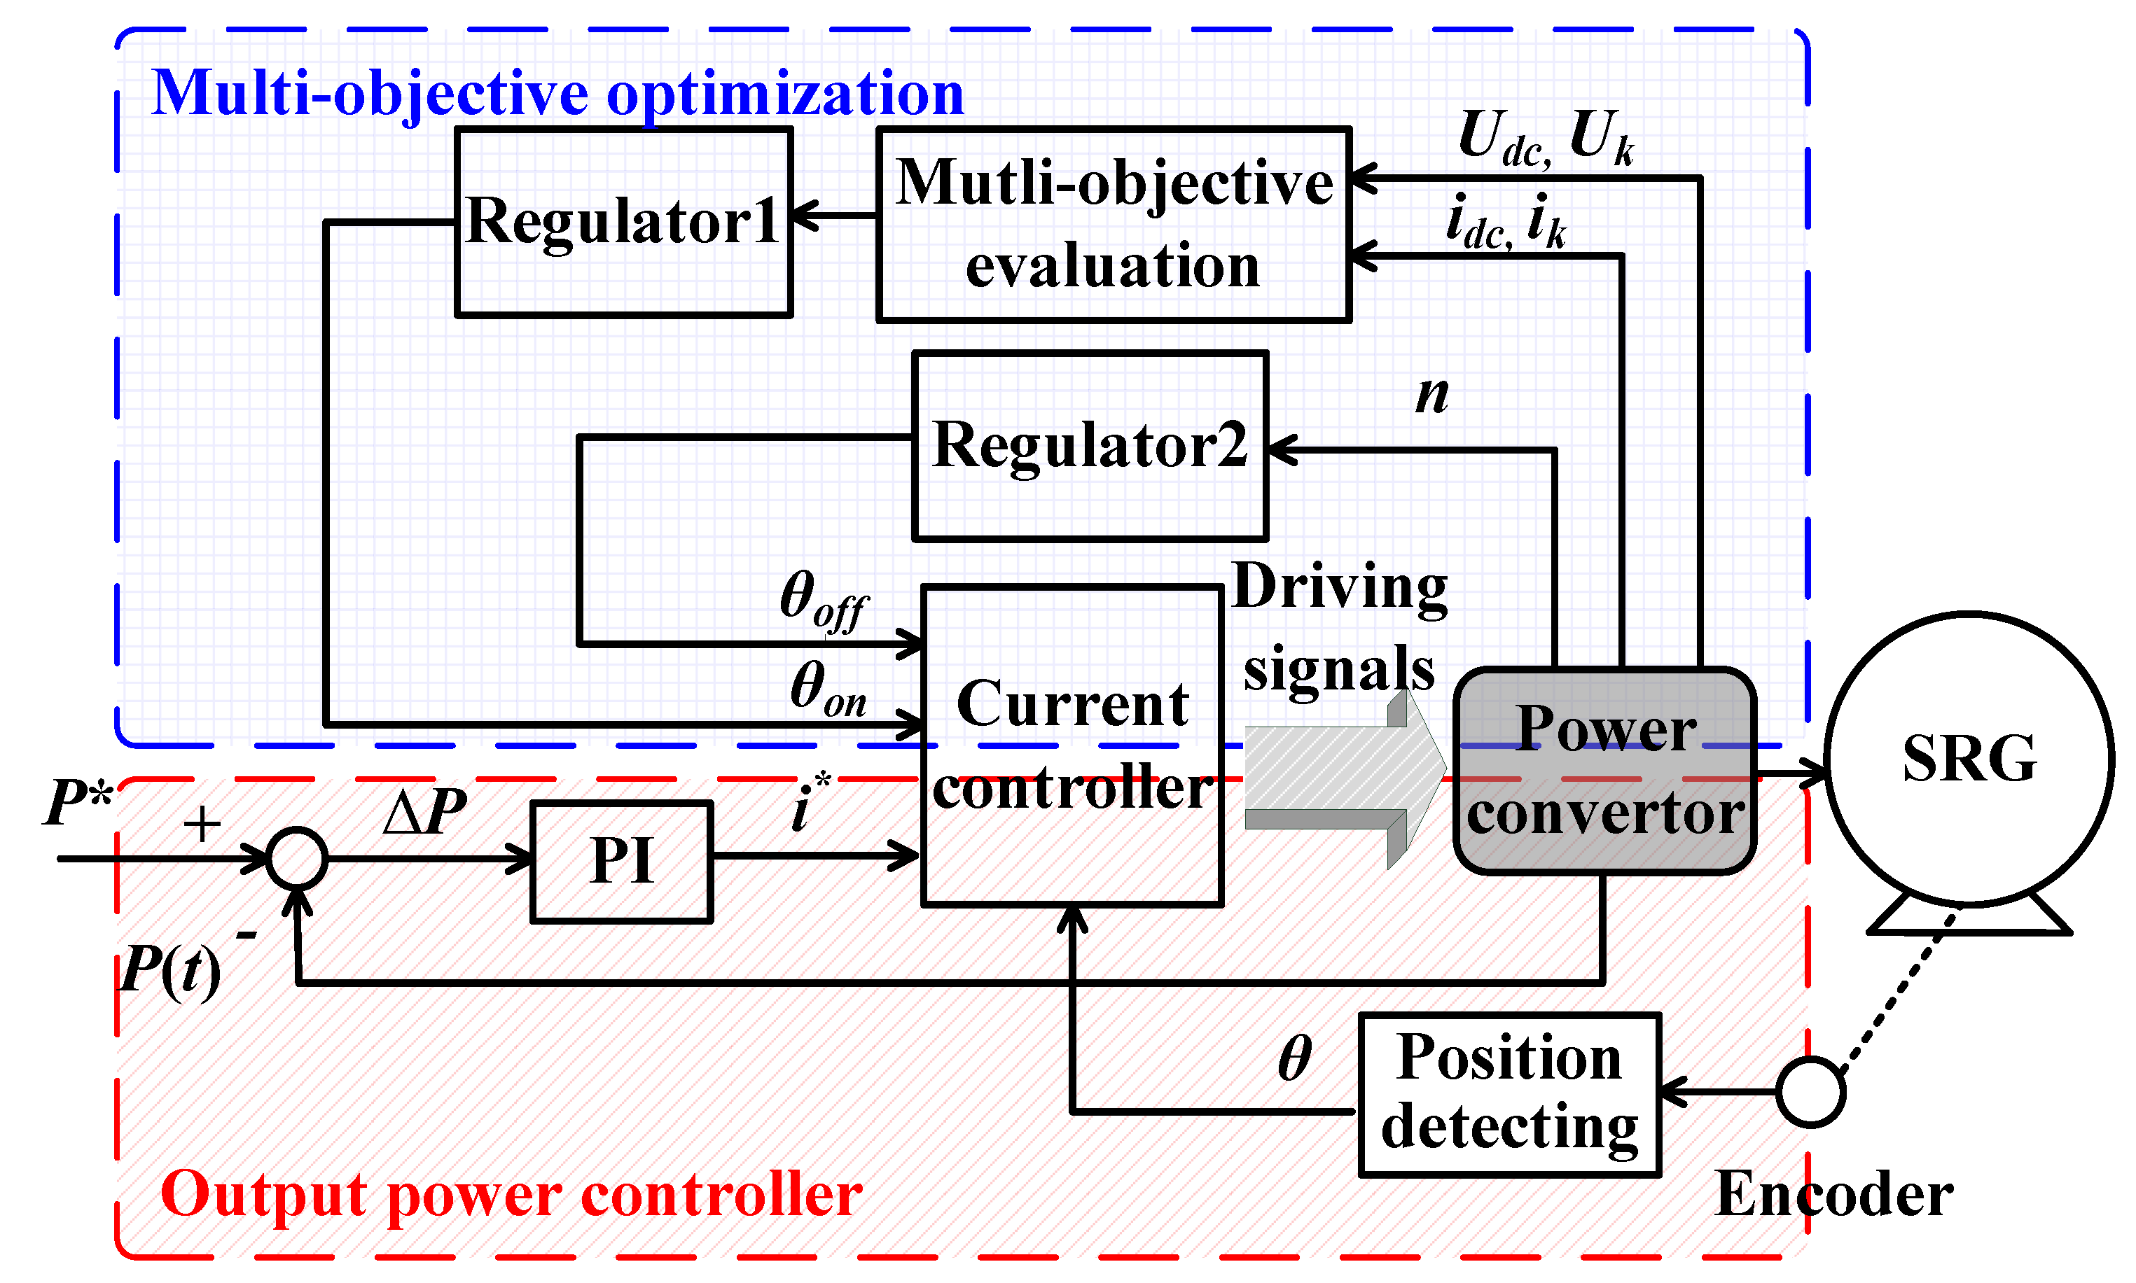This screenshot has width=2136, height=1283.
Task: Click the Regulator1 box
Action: click(623, 222)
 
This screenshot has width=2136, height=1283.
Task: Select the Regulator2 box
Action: click(1090, 446)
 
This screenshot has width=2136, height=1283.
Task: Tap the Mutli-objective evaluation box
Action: click(1113, 225)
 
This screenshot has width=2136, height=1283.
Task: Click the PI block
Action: click(621, 862)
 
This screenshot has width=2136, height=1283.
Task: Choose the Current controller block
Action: click(1072, 745)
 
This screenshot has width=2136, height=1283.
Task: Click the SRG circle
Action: click(1969, 759)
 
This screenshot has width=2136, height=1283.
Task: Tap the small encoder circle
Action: click(1811, 1092)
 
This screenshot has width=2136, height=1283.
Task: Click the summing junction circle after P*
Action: click(298, 859)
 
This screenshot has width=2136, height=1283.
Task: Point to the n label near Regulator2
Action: click(1431, 394)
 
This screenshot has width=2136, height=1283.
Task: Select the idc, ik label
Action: click(1506, 221)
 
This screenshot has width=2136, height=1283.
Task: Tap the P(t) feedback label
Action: click(170, 970)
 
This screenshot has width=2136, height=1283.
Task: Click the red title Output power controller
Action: click(511, 1195)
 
